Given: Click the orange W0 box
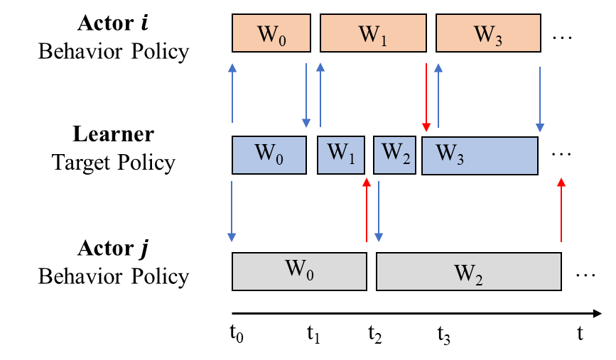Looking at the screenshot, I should [271, 34].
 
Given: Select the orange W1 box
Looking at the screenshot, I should [372, 34].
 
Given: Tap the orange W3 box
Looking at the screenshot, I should [488, 34].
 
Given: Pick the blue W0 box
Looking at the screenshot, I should [269, 155].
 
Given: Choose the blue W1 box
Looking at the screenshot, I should [340, 155].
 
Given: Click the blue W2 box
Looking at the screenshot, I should [394, 155].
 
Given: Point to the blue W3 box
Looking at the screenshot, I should [480, 155].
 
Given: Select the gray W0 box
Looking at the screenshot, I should [299, 271].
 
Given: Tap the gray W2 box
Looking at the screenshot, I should [468, 271].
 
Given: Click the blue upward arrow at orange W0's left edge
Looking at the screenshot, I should [232, 93].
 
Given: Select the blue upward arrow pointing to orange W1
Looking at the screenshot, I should [320, 94].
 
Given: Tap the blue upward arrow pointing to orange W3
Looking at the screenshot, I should [438, 94].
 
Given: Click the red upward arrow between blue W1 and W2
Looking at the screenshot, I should [367, 210].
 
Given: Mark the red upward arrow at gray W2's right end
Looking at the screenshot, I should [561, 210].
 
